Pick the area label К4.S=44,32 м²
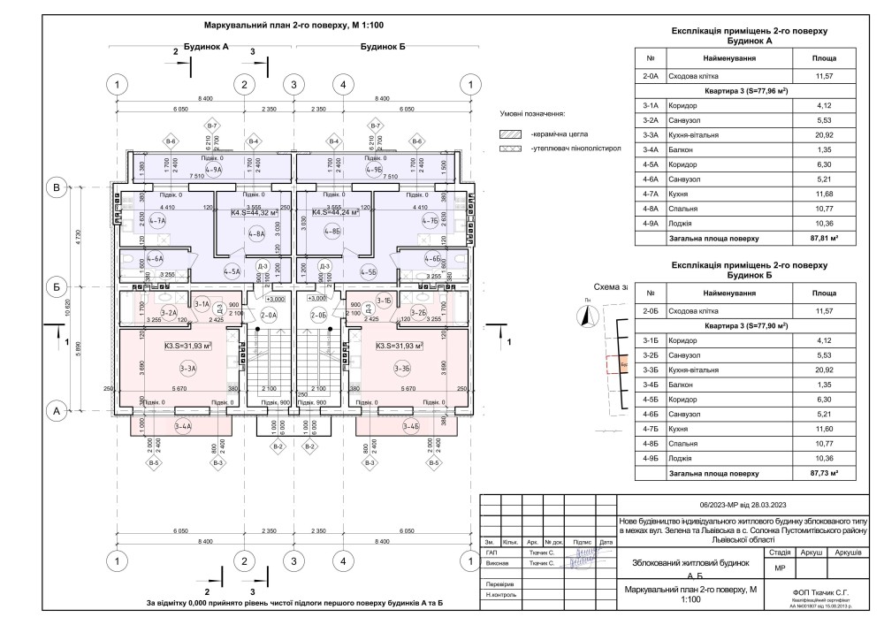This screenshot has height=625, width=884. point(255,212)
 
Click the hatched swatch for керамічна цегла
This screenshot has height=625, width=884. point(510,133)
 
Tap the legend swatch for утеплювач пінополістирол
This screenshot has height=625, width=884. point(510,149)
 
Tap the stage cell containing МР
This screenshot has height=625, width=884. point(779,568)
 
